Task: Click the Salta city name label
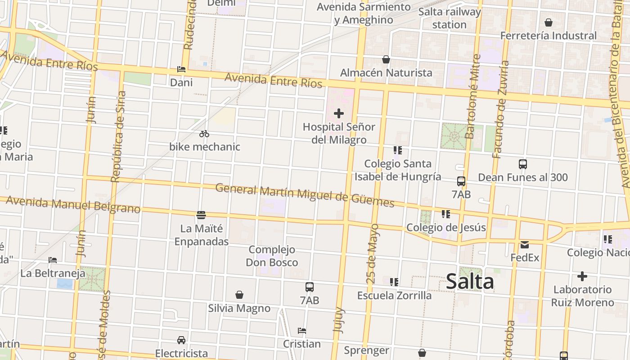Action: point(470,281)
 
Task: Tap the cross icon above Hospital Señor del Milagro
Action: point(339,113)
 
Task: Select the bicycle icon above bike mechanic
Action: point(204,134)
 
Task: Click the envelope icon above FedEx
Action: point(525,245)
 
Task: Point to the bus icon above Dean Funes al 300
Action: point(522,164)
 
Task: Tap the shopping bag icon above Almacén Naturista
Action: point(386,59)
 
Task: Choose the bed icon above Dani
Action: point(181,69)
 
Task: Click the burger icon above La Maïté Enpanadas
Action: point(201,215)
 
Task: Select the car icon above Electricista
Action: point(181,340)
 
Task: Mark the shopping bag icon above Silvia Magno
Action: point(239,295)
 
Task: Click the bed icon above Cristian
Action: point(302,331)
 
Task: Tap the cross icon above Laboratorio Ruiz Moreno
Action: point(582,276)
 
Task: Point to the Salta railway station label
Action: point(449,18)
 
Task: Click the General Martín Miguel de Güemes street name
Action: point(305,195)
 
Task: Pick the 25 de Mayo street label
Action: point(373,253)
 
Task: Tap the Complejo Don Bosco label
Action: point(272,256)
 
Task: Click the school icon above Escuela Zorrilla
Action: point(394,282)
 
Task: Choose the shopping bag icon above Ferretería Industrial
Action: point(549,22)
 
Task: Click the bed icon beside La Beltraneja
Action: point(53,260)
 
